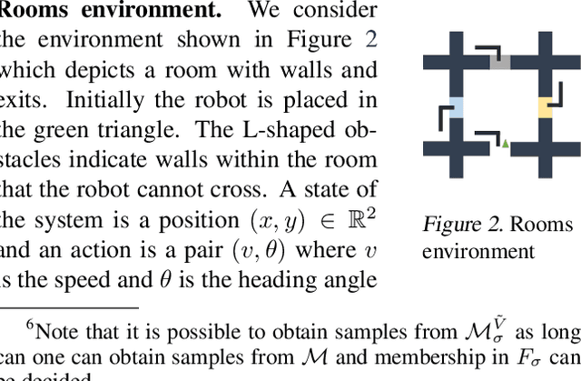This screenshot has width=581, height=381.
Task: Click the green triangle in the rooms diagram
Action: click(506, 144)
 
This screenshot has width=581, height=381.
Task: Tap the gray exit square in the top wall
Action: click(500, 62)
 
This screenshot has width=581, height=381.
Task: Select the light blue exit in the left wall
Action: click(457, 107)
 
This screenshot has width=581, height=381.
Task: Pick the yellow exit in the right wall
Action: click(545, 107)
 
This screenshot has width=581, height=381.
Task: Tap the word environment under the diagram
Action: click(478, 251)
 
